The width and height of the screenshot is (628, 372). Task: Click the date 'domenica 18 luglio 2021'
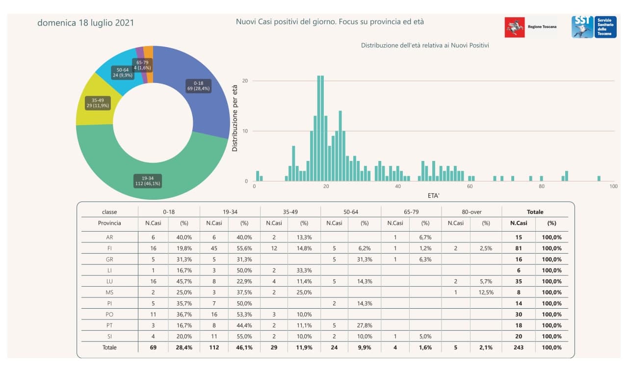pyautogui.click(x=85, y=23)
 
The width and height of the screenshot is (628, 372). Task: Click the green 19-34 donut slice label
pyautogui.click(x=148, y=181)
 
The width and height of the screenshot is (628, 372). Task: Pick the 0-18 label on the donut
pyautogui.click(x=199, y=86)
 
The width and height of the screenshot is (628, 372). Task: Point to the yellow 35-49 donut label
pyautogui.click(x=98, y=103)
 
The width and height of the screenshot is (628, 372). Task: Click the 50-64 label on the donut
pyautogui.click(x=123, y=73)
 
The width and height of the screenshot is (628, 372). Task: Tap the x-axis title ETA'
pyautogui.click(x=433, y=195)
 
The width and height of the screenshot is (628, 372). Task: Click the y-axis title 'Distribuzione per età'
pyautogui.click(x=235, y=118)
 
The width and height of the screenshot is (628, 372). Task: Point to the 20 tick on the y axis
pyautogui.click(x=245, y=80)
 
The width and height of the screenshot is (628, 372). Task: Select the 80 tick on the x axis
pyautogui.click(x=542, y=186)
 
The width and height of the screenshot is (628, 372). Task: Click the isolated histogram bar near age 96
pyautogui.click(x=599, y=178)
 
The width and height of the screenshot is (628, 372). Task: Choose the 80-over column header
pyautogui.click(x=471, y=212)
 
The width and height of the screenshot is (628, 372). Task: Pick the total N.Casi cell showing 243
pyautogui.click(x=519, y=347)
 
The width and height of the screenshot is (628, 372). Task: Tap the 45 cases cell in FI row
pyautogui.click(x=214, y=248)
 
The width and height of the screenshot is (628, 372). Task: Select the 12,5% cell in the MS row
pyautogui.click(x=486, y=292)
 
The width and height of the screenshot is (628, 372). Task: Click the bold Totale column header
pyautogui.click(x=535, y=212)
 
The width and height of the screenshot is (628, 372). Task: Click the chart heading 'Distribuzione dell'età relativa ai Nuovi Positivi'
pyautogui.click(x=425, y=45)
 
